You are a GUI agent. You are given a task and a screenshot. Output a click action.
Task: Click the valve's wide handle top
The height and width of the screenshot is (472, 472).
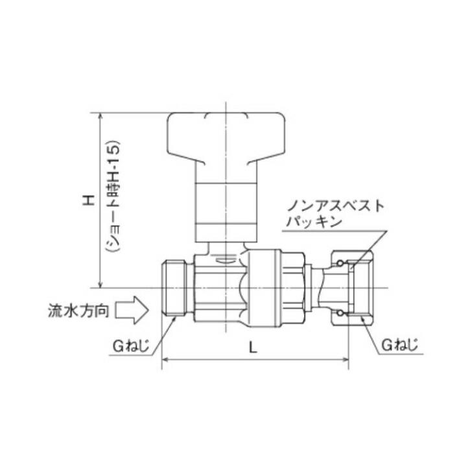(226, 136)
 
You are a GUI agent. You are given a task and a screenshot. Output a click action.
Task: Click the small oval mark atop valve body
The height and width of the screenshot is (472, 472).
(225, 261)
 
